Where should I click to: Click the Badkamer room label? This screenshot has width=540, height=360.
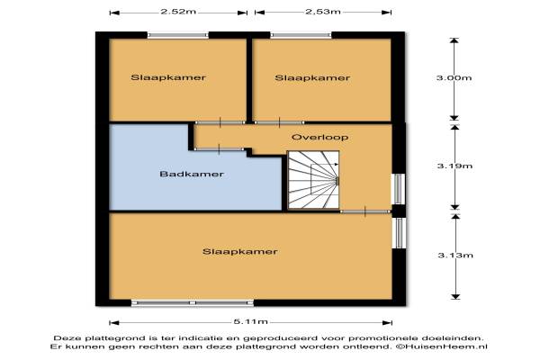coord(192,174)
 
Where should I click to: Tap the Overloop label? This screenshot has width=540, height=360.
coord(319,137)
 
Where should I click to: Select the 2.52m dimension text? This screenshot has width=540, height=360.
coord(178,12)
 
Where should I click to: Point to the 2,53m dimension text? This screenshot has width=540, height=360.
coord(323,12)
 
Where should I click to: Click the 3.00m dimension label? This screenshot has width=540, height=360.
coord(454,78)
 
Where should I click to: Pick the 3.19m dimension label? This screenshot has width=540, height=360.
coord(454,166)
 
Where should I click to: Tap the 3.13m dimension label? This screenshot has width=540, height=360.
coord(455,256)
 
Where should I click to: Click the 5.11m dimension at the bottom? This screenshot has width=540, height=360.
coord(251,322)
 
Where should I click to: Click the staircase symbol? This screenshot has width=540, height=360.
coord(313,180)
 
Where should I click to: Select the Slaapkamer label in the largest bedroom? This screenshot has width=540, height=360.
coord(240,251)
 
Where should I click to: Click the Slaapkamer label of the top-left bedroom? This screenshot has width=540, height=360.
coord(168,77)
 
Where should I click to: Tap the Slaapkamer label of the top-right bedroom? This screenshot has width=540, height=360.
coord(312,78)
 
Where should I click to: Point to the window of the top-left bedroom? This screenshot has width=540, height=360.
coord(178,35)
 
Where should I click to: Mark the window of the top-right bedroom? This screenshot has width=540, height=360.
coord(301,35)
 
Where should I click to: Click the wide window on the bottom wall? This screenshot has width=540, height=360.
coord(193,302)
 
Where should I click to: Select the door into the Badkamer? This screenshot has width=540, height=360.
coord(220,149)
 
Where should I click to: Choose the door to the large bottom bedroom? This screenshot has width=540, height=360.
coord(365,211)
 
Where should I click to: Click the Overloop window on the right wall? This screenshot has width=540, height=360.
coord(399,189)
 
